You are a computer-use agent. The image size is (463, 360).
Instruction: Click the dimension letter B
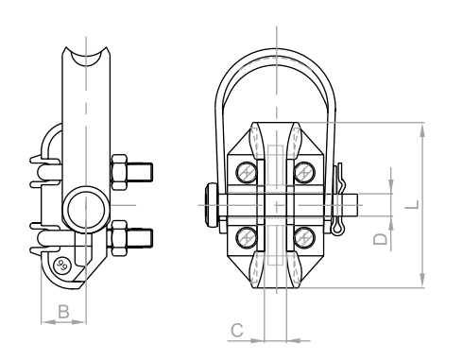pyautogui.click(x=63, y=312)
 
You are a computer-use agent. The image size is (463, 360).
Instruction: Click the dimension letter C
pyautogui.click(x=237, y=331)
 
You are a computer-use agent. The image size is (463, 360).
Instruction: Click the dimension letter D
pyautogui.click(x=380, y=239)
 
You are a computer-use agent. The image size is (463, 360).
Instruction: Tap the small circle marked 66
pyautogui.click(x=61, y=266)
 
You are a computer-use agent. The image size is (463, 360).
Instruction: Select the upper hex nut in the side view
pyautogui.click(x=119, y=172)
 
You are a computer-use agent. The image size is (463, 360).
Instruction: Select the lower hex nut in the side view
pyautogui.click(x=119, y=238)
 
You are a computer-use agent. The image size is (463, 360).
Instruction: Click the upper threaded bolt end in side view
pyautogui.click(x=140, y=172)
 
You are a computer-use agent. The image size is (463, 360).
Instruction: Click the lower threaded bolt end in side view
pyautogui.click(x=140, y=238)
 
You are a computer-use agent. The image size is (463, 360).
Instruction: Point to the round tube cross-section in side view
pyautogui.click(x=86, y=210)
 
